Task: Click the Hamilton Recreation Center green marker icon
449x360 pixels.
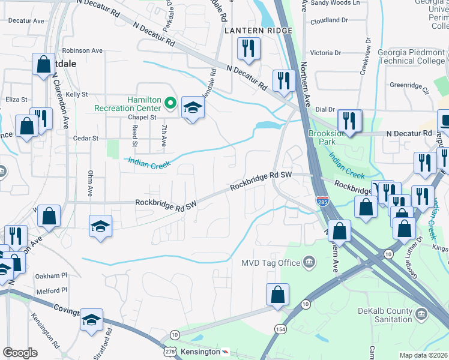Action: (170, 104)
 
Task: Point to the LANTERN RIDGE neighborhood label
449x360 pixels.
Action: (258, 31)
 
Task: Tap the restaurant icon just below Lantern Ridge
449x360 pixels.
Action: (249, 49)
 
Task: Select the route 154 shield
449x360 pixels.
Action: (280, 329)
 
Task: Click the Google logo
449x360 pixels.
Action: (20, 352)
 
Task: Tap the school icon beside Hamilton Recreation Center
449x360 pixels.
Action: (193, 108)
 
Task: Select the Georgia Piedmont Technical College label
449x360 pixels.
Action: (412, 56)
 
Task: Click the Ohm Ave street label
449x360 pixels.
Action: (90, 190)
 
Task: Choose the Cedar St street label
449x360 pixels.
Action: (85, 138)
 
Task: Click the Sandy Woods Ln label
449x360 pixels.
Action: (335, 3)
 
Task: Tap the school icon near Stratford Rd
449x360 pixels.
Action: (92, 319)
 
